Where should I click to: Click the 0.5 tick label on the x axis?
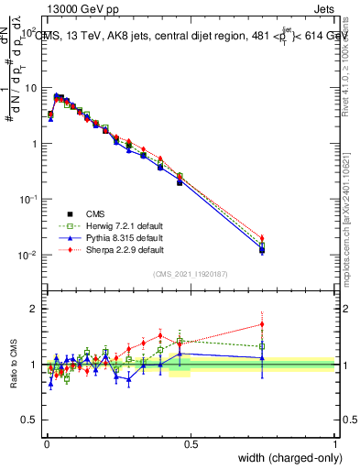191,443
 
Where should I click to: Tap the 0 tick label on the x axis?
46,443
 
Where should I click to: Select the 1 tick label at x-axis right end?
335,443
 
